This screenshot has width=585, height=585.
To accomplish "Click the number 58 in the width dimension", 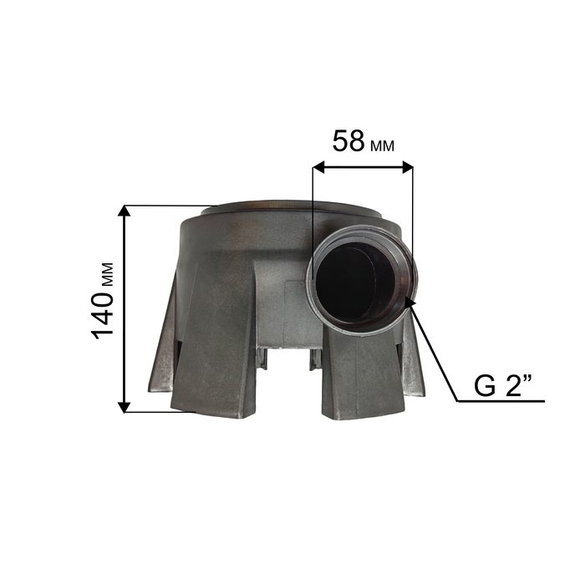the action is pyautogui.click(x=348, y=141).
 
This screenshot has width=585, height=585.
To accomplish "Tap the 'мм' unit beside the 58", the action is pyautogui.click(x=383, y=146).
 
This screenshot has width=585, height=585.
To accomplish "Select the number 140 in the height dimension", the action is pyautogui.click(x=102, y=315).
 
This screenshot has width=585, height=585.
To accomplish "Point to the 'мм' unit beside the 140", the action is pyautogui.click(x=107, y=275).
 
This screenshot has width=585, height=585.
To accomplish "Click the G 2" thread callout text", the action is pyautogui.click(x=502, y=386).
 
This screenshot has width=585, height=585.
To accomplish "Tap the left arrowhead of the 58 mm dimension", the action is pyautogui.click(x=319, y=167).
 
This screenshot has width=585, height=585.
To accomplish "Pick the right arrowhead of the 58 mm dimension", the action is pyautogui.click(x=407, y=167).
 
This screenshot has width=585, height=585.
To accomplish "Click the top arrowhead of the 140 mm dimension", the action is pyautogui.click(x=125, y=211).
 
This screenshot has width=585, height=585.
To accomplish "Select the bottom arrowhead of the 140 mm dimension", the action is pyautogui.click(x=125, y=407).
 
